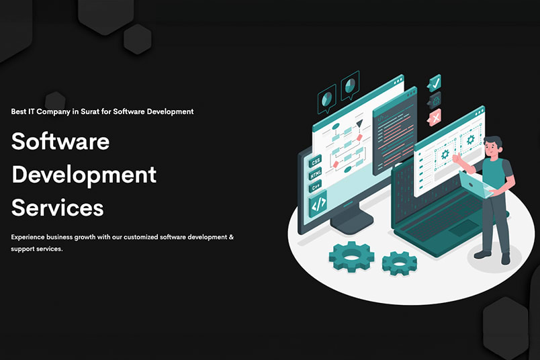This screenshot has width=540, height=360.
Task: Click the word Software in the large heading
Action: click(60, 142)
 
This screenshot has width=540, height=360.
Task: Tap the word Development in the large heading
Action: click(84, 175)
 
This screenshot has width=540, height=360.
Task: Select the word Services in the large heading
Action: click(58, 208)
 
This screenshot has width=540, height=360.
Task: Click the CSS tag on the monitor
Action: click(315, 161)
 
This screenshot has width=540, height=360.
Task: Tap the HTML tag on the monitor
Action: click(316, 175)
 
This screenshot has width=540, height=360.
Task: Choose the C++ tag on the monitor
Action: click(316, 187)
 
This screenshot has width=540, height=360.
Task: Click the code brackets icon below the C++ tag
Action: click(317, 204)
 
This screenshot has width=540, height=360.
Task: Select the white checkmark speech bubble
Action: click(434, 83)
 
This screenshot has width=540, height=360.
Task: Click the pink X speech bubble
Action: click(434, 118)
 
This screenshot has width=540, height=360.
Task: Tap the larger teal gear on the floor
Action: click(351, 255)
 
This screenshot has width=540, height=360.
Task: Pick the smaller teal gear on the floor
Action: click(399, 262)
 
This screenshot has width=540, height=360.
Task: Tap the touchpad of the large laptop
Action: click(462, 228)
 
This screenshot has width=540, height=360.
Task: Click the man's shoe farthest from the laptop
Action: click(505, 259)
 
